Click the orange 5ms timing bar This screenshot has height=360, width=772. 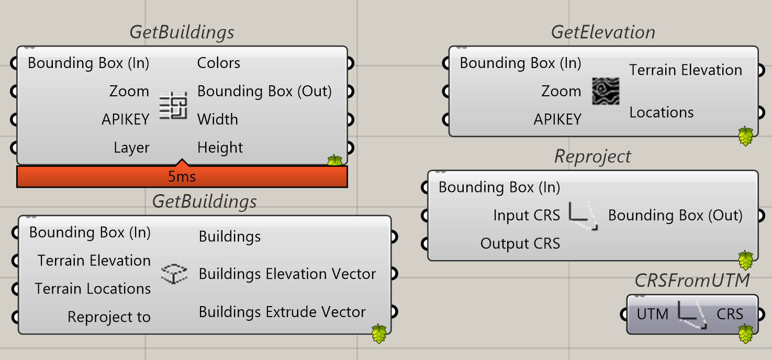[x=182, y=176]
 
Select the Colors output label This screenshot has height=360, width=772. [x=218, y=63]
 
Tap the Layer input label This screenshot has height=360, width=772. [x=131, y=148]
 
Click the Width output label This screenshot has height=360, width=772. [x=218, y=119]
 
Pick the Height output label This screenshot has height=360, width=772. [x=220, y=148]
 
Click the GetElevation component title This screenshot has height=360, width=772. [x=603, y=32]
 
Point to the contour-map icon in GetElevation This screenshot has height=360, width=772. [x=606, y=91]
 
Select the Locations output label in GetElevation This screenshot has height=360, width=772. [x=662, y=113]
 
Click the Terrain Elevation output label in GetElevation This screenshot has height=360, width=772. [x=686, y=70]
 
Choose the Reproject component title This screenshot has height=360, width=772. [x=592, y=157]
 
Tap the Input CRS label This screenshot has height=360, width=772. [x=527, y=215]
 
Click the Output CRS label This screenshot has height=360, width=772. [x=520, y=243]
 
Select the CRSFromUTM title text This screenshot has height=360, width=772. [x=692, y=280]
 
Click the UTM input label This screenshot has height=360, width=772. [x=653, y=314]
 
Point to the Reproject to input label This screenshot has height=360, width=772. [x=109, y=317]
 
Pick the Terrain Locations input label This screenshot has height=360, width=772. [x=93, y=289]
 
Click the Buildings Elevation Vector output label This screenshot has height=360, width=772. [x=287, y=274]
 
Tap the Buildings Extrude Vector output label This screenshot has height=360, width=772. [x=282, y=312]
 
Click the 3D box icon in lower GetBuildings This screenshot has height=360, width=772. [x=174, y=274]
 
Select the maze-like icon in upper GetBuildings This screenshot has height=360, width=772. [x=173, y=105]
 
